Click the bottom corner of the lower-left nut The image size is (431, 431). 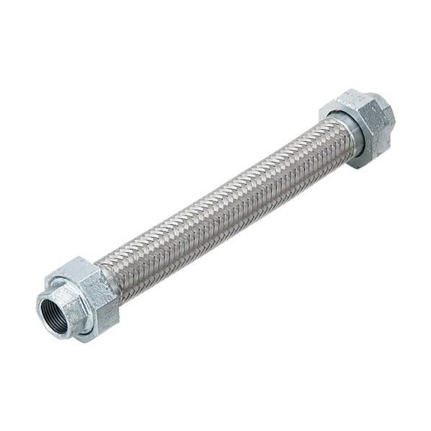click(89, 339)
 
